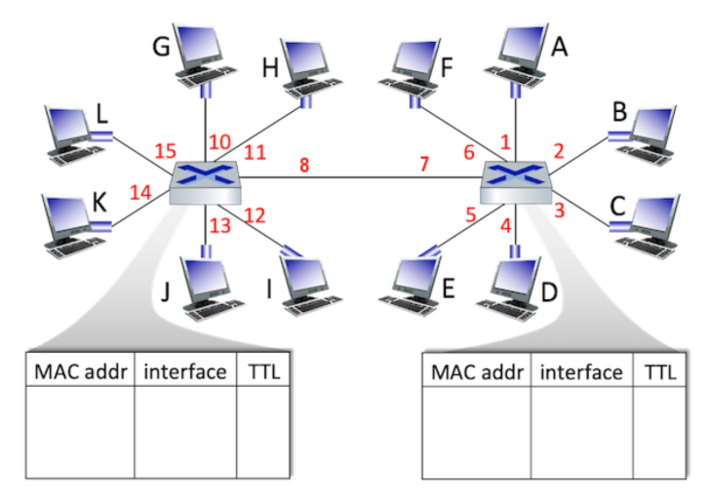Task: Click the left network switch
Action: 206,180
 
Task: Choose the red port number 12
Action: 256,215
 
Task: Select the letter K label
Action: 99,203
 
